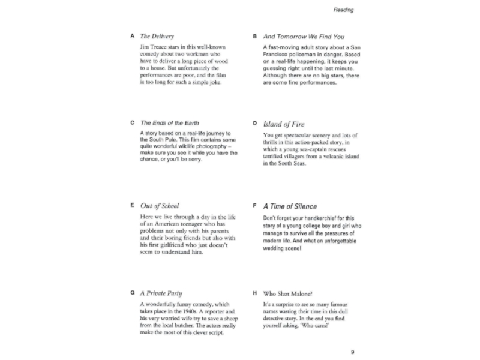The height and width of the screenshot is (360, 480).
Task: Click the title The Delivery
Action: tap(157, 37)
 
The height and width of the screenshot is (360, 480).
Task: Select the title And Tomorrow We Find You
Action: tap(304, 37)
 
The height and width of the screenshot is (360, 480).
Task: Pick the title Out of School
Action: tap(159, 206)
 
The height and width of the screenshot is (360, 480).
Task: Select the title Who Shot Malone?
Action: tap(287, 293)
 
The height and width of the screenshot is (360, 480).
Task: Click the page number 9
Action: tap(352, 352)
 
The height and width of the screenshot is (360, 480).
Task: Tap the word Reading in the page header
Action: tap(344, 10)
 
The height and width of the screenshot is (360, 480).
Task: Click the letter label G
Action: tap(132, 293)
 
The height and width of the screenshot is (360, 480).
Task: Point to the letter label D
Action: tap(255, 123)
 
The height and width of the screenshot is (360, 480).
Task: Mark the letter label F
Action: tap(255, 206)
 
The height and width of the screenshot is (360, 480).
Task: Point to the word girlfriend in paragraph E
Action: tap(177, 245)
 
